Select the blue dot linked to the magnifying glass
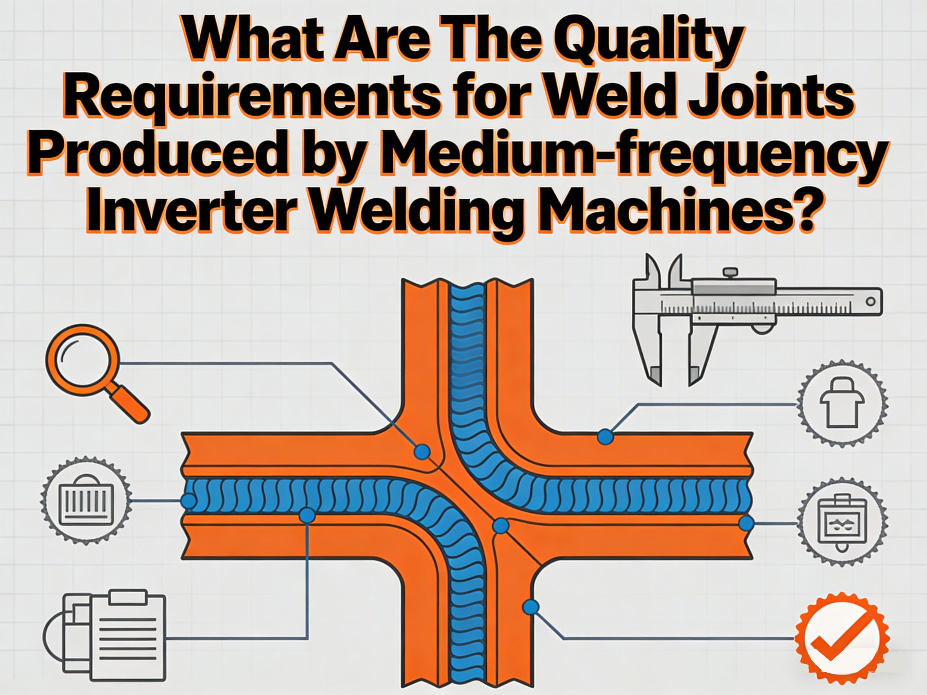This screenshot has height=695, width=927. pyautogui.click(x=422, y=452)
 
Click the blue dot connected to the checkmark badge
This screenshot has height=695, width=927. pyautogui.click(x=531, y=607)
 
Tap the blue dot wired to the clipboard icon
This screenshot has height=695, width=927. pyautogui.click(x=307, y=515)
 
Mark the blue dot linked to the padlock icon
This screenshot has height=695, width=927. pyautogui.click(x=605, y=437)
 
